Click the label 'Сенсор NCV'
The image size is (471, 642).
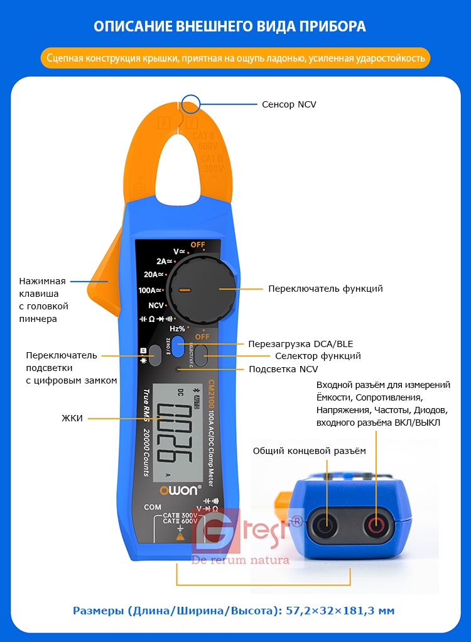click(x=289, y=104)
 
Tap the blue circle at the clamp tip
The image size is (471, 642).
click(x=189, y=104)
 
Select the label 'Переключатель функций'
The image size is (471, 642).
click(x=325, y=289)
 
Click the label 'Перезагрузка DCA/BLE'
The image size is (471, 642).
click(x=300, y=343)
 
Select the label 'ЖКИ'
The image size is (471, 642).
click(x=72, y=418)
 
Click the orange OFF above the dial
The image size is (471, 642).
click(x=198, y=244)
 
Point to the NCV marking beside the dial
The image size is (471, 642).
click(x=156, y=305)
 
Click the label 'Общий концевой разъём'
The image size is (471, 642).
click(x=308, y=451)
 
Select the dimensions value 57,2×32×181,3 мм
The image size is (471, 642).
click(x=340, y=611)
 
